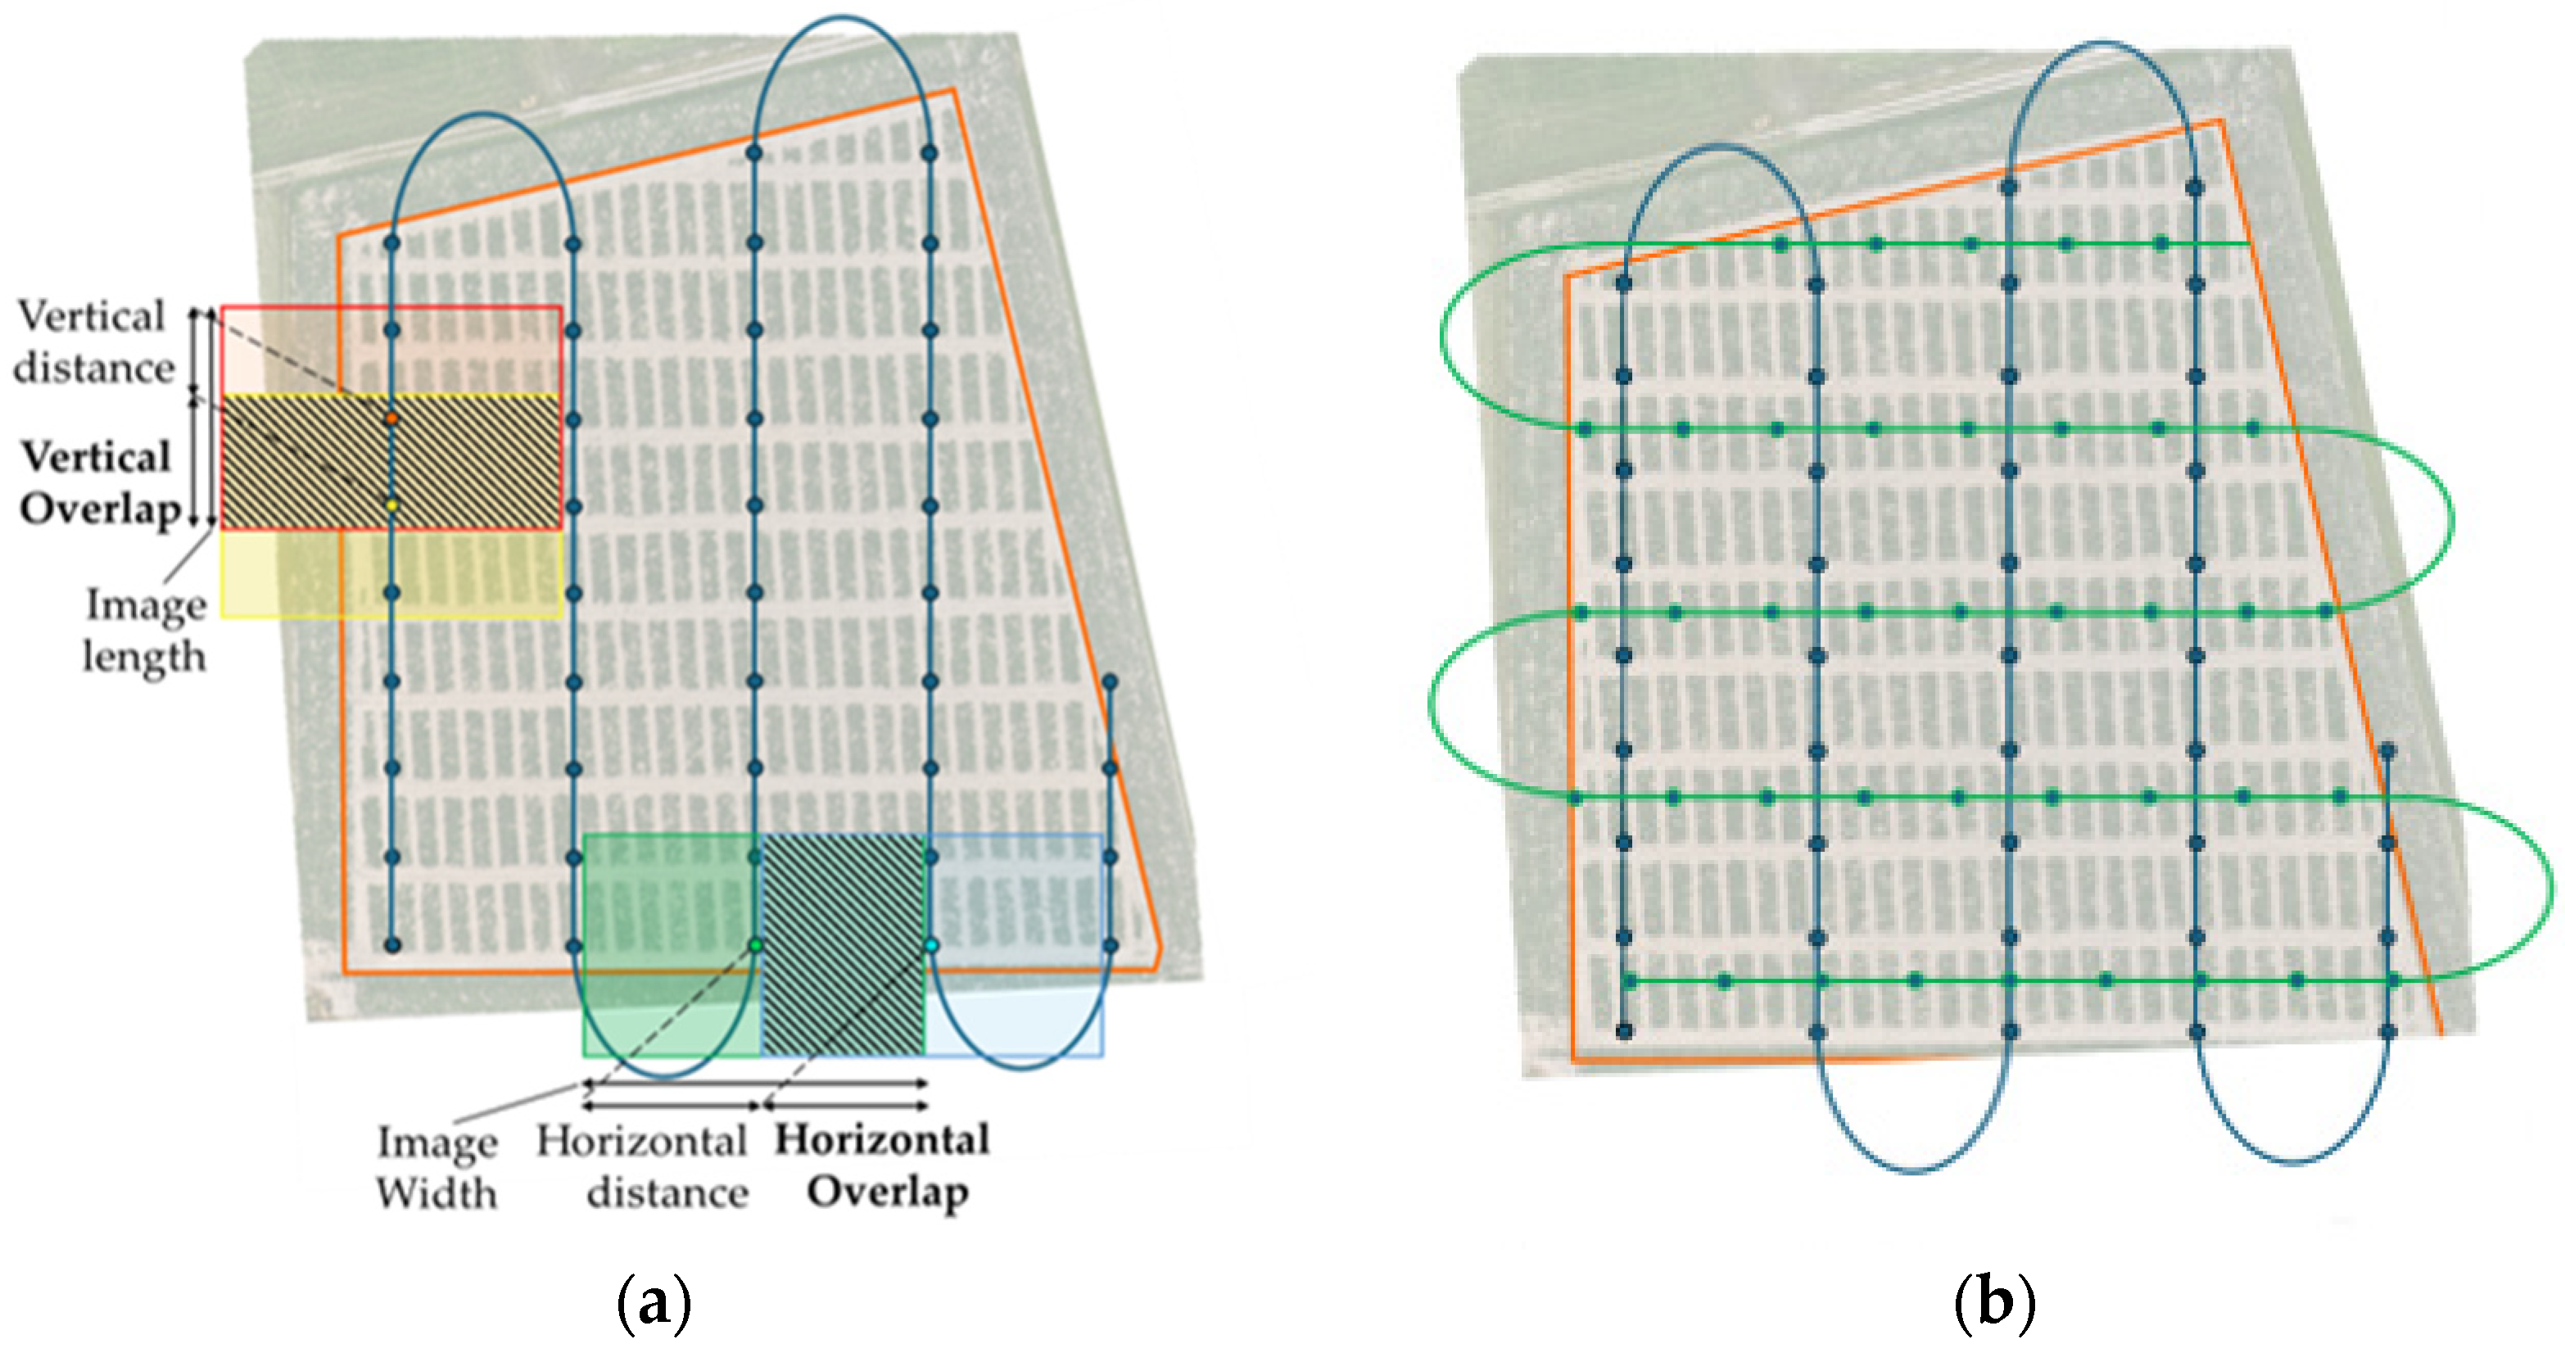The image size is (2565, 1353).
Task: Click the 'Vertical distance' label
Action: pos(93,342)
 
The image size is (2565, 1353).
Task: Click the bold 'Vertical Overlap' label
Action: pos(98,483)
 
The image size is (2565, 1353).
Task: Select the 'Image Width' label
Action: pos(437,1167)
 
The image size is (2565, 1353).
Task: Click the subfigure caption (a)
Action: pos(654,1303)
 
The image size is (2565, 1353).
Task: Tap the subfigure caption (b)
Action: pos(1994,1303)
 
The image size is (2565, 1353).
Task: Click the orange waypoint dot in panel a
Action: pos(392,419)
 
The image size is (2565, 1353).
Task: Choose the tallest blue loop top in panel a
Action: pos(841,18)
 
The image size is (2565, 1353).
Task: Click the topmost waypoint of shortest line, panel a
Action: pos(1111,681)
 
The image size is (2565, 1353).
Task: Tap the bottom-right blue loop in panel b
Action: pos(2293,1161)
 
